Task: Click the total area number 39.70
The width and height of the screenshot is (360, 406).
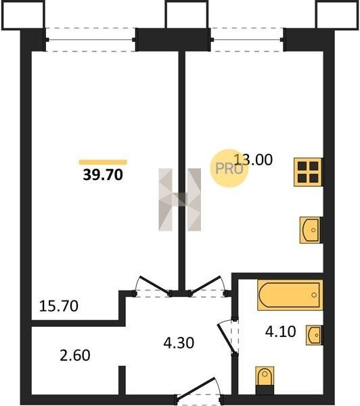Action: (x=103, y=175)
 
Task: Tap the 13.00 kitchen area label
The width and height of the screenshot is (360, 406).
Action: (x=253, y=160)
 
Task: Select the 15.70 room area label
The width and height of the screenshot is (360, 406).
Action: (x=58, y=306)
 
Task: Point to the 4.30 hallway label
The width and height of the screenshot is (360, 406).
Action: (x=179, y=343)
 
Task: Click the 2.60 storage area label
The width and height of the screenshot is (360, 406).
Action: (x=75, y=355)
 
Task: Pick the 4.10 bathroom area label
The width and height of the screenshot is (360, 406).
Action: (x=281, y=332)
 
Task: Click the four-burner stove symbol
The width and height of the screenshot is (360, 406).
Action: (x=308, y=172)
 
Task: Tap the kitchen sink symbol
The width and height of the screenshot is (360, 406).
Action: (x=311, y=230)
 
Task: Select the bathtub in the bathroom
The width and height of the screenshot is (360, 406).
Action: (x=290, y=295)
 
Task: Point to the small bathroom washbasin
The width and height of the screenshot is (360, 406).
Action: (x=314, y=336)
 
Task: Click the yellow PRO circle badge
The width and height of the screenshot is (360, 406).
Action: (x=229, y=168)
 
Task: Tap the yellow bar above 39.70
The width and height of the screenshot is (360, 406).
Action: (x=103, y=162)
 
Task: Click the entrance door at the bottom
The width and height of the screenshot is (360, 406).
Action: (x=199, y=391)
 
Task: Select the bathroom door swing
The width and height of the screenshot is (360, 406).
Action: (x=228, y=336)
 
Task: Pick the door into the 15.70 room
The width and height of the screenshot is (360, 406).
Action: (x=153, y=286)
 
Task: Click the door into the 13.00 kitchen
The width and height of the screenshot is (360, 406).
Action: (x=208, y=286)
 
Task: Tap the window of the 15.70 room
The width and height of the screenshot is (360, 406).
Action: (x=91, y=40)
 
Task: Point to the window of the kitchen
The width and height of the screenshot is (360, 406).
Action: (x=247, y=40)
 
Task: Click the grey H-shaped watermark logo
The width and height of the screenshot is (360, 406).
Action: (x=179, y=200)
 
